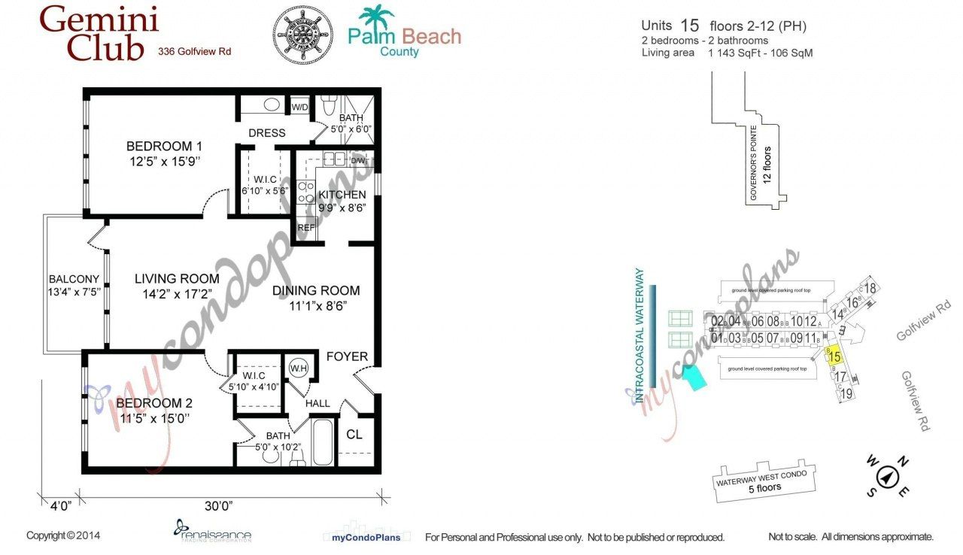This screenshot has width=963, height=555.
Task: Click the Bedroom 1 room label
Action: pyautogui.click(x=164, y=146)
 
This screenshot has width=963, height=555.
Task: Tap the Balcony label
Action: pyautogui.click(x=74, y=279)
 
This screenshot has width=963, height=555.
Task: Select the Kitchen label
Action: pyautogui.click(x=342, y=195)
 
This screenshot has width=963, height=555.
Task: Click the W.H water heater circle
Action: pyautogui.click(x=298, y=368)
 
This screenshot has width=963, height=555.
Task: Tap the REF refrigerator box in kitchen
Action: pyautogui.click(x=305, y=227)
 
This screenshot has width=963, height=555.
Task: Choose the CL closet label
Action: pyautogui.click(x=354, y=434)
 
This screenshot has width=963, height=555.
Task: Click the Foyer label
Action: pyautogui.click(x=347, y=356)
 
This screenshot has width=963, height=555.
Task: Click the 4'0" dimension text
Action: pyautogui.click(x=57, y=505)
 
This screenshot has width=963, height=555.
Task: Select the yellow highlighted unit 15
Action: pyautogui.click(x=834, y=356)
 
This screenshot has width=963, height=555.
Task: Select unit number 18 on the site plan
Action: pyautogui.click(x=870, y=288)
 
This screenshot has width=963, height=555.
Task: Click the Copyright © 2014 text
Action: pyautogui.click(x=63, y=536)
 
